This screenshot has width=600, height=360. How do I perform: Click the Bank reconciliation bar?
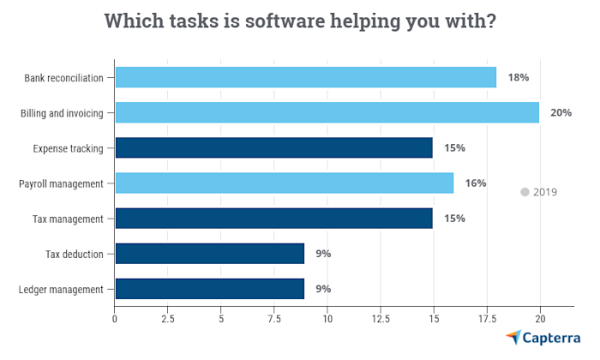(x=305, y=77)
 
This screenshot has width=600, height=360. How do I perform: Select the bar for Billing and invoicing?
(x=327, y=112)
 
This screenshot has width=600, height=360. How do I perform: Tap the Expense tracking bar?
(x=273, y=147)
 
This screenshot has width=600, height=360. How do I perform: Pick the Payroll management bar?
(x=284, y=183)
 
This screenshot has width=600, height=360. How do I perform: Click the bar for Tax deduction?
(x=209, y=253)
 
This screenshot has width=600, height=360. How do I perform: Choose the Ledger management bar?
(x=209, y=288)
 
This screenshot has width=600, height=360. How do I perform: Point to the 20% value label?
(x=561, y=112)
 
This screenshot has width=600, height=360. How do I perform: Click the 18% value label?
(x=519, y=77)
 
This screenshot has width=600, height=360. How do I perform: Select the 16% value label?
(x=476, y=183)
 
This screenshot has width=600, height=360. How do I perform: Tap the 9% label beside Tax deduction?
(x=323, y=253)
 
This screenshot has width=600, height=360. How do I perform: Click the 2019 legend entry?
(x=538, y=192)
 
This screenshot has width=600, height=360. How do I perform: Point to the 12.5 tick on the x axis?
(x=381, y=319)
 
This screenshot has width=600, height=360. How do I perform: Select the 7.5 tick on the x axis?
(x=274, y=319)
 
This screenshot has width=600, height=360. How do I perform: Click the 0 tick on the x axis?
(x=116, y=319)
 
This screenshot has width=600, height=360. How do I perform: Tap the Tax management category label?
(x=69, y=219)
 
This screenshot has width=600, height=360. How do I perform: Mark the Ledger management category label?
(x=61, y=289)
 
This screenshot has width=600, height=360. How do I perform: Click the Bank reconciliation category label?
(x=64, y=78)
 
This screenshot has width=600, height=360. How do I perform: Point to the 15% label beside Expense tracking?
(x=454, y=147)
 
